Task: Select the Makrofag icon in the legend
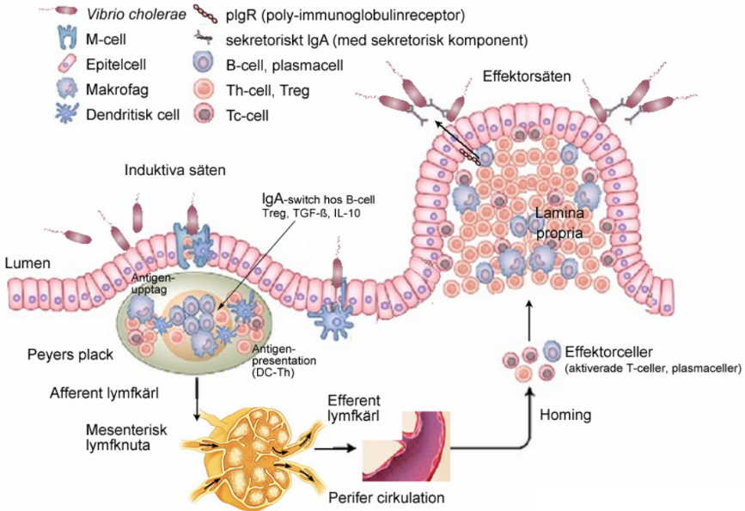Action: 65,89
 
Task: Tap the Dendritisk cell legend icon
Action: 65,114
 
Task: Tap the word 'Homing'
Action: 565,416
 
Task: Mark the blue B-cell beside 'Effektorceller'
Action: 553,351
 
